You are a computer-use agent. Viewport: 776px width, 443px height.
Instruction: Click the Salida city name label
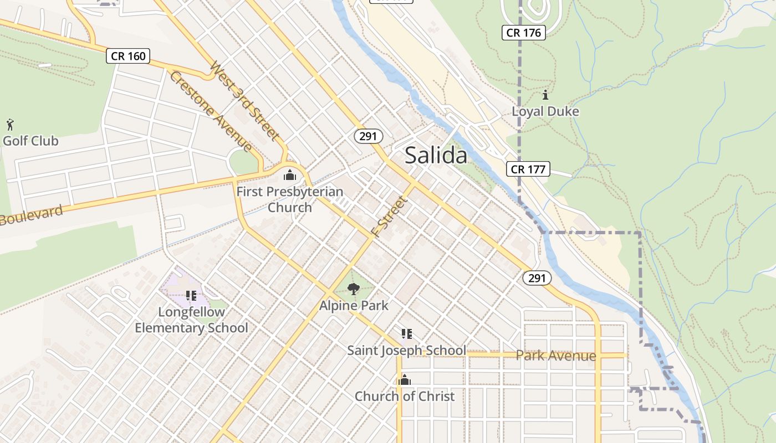coord(436,156)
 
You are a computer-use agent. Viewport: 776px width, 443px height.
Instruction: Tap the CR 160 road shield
coord(129,55)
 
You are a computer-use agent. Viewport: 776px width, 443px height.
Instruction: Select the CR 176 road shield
coord(524,33)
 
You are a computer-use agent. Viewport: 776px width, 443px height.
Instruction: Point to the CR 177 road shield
coord(528,169)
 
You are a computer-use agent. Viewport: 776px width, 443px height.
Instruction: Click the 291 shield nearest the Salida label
coord(369,136)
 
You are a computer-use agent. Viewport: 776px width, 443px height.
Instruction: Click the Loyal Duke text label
coord(545,111)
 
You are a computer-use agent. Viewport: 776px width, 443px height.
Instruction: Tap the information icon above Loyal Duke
coord(545,95)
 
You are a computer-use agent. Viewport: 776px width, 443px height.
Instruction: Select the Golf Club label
coord(30,141)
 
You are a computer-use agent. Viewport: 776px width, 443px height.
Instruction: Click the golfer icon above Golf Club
coord(9,123)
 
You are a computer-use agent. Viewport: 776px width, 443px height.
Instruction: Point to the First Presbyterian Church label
coord(290,199)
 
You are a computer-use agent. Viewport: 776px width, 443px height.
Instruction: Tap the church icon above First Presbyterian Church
coord(290,176)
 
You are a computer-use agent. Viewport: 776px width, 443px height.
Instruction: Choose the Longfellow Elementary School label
coord(191,320)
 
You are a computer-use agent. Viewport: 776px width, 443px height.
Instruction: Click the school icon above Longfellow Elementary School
coord(191,296)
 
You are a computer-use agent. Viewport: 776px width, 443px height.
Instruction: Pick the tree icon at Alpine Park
coord(353,288)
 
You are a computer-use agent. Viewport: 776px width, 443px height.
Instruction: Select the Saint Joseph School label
coord(406,351)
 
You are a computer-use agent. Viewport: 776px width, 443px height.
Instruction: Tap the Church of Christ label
coord(405,396)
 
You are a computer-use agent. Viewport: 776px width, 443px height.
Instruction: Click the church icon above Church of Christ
coord(405,380)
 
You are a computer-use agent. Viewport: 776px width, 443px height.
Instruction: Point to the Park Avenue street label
coord(556,356)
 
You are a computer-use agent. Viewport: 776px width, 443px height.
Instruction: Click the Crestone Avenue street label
coord(211,111)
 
